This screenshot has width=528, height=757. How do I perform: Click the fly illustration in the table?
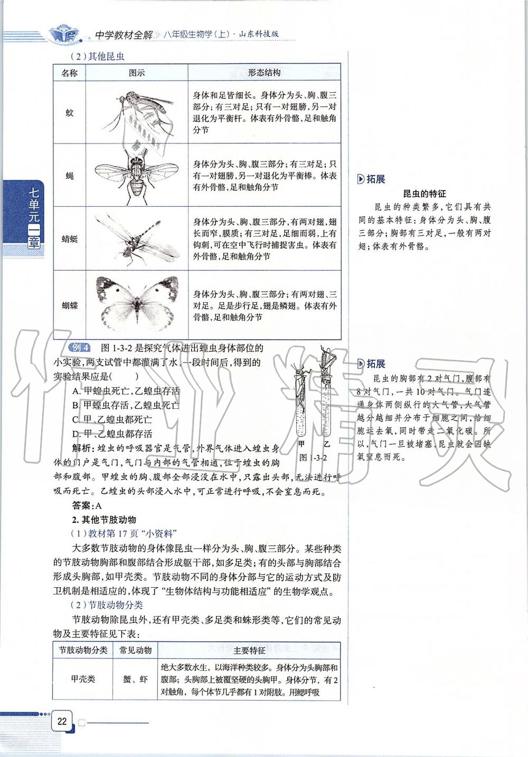pyautogui.click(x=136, y=176)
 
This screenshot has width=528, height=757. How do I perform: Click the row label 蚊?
pyautogui.click(x=69, y=113)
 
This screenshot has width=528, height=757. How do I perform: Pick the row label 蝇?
pyautogui.click(x=69, y=176)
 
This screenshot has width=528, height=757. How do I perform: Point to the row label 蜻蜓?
pyautogui.click(x=69, y=239)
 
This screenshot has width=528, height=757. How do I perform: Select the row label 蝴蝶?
pyautogui.click(x=69, y=305)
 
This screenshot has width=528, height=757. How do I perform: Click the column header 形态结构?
pyautogui.click(x=264, y=73)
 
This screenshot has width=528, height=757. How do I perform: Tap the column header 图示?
pyautogui.click(x=136, y=73)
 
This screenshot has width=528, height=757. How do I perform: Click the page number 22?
pyautogui.click(x=62, y=721)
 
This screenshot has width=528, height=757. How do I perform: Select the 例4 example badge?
pyautogui.click(x=80, y=348)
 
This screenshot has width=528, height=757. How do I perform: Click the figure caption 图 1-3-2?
pyautogui.click(x=313, y=457)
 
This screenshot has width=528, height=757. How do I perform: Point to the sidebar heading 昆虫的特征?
pyautogui.click(x=425, y=194)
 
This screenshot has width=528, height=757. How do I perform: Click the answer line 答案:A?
pyautogui.click(x=87, y=505)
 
